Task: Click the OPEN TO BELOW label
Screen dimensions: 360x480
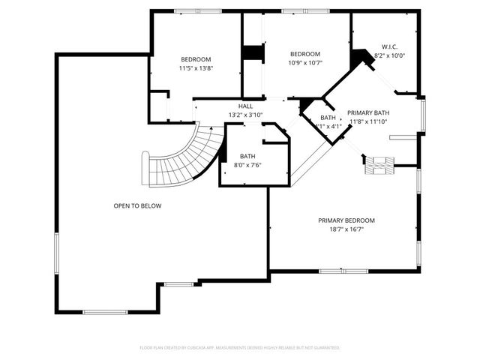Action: [x=137, y=205]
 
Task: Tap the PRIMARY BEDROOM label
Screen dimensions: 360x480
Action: [x=346, y=220]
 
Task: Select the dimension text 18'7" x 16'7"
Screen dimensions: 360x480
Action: [x=346, y=230]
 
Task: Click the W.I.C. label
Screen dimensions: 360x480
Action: [x=388, y=46]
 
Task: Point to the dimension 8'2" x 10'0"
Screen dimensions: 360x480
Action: [x=388, y=55]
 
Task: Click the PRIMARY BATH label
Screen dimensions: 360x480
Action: [x=368, y=112]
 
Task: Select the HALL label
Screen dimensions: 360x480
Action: [x=245, y=106]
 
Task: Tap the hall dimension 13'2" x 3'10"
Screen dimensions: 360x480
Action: [x=245, y=115]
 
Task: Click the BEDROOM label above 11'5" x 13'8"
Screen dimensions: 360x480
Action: [x=195, y=59]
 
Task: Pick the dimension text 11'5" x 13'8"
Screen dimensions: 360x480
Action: [x=195, y=68]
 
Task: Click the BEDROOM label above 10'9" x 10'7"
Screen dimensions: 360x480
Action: [x=305, y=54]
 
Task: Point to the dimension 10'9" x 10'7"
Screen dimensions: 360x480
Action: [x=305, y=63]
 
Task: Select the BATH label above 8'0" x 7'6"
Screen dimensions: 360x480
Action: [x=247, y=156]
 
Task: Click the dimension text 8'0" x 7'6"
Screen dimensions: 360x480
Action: [x=247, y=164]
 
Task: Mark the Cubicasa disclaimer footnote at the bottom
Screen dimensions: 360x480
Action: [x=240, y=348]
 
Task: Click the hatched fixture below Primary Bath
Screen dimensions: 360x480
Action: [x=379, y=165]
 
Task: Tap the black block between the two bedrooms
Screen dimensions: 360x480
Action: [x=253, y=54]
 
